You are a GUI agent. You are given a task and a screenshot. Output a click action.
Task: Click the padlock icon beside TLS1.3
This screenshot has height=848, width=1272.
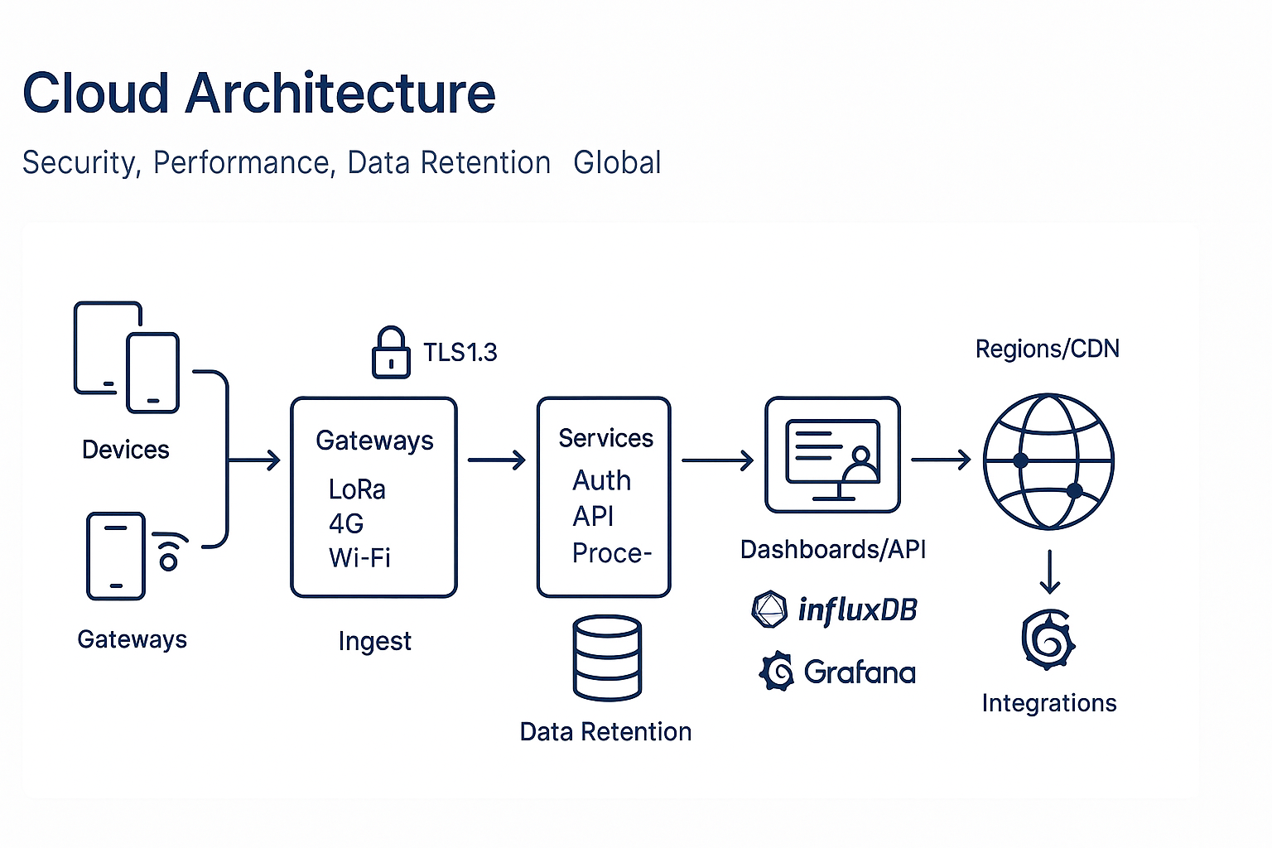coord(391,354)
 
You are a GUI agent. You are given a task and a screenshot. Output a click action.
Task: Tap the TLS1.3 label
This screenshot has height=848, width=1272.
coord(460,353)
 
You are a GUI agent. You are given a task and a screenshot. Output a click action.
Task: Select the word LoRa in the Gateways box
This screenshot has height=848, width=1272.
coord(357,489)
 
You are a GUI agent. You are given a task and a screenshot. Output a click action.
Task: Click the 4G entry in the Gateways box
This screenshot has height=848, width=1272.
coord(346,523)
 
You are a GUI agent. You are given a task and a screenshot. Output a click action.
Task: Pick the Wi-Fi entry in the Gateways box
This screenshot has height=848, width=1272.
coord(359,557)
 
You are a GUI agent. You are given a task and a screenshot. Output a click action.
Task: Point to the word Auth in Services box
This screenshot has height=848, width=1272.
coord(602,480)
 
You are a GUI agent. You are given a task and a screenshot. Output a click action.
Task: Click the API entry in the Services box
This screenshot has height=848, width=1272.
coord(593,517)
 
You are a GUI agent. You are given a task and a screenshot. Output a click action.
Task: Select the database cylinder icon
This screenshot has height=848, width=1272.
coord(607,658)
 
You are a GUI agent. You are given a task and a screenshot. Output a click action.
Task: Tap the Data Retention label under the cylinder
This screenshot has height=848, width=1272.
coord(605,732)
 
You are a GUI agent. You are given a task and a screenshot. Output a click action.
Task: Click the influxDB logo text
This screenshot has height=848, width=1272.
coord(856,610)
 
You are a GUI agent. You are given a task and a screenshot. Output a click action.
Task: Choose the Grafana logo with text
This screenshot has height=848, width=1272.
coord(838,672)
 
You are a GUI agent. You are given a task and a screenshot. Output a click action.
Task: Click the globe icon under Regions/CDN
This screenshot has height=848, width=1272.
coord(1048,461)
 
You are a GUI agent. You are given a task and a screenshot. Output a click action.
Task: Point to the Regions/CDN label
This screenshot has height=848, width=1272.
coord(1047,349)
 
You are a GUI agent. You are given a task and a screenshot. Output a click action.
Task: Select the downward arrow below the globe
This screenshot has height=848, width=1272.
coord(1050,572)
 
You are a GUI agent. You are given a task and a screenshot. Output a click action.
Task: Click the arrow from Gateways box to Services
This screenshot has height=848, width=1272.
coord(497,460)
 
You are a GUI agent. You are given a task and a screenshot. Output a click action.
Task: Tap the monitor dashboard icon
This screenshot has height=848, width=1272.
coord(832,455)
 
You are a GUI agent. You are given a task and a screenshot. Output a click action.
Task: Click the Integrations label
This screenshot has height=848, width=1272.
coord(1049,703)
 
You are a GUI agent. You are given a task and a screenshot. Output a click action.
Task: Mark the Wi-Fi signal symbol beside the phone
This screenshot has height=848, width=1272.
coord(170,552)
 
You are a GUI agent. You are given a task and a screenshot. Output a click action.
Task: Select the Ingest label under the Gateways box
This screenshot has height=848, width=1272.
coord(374,641)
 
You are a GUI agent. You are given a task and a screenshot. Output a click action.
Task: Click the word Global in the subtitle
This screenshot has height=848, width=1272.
coord(617,163)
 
